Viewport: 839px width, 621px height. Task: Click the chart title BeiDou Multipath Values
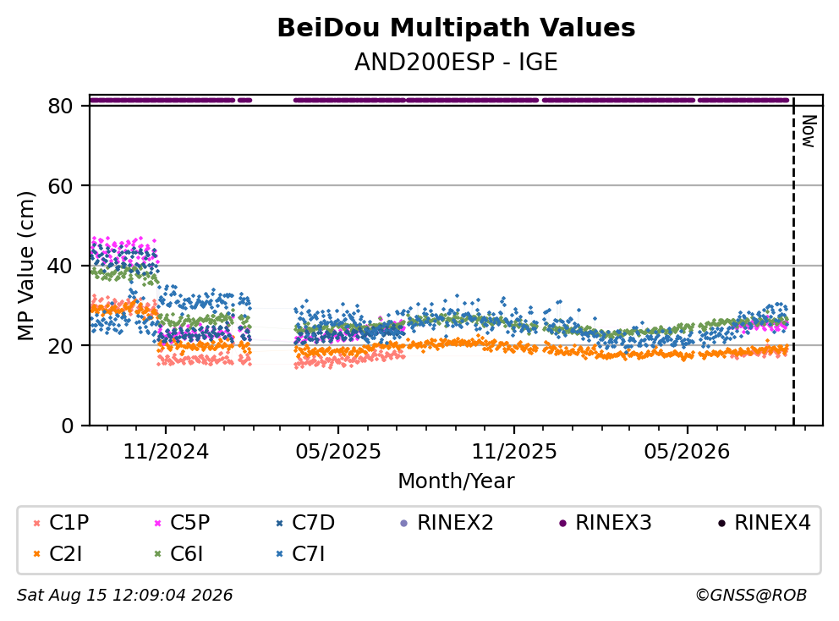[x=456, y=28]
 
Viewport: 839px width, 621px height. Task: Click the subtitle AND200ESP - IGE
[x=456, y=62]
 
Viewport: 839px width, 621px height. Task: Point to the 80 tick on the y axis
[x=60, y=106]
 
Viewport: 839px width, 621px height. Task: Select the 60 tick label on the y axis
[x=60, y=186]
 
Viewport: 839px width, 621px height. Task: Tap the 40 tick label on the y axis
[x=60, y=266]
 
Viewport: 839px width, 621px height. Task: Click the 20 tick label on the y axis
[x=60, y=345]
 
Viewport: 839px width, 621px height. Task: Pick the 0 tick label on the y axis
[x=68, y=426]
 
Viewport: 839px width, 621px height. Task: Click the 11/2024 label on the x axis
[x=166, y=452]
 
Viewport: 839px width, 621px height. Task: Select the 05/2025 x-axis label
[x=338, y=452]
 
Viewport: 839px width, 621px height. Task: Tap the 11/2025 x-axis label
[x=514, y=452]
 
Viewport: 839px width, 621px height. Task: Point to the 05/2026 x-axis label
[x=687, y=452]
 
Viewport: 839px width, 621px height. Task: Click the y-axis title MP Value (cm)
[x=25, y=266]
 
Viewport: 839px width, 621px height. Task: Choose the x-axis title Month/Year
[x=456, y=481]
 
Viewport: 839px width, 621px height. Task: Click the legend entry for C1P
[x=61, y=523]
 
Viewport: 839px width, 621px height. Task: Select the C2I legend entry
[x=58, y=554]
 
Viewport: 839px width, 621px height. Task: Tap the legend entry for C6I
[x=178, y=554]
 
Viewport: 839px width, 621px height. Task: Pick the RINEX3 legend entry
[x=606, y=523]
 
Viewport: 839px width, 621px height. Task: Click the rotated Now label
[x=809, y=132]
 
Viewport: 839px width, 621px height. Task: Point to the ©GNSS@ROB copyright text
[x=751, y=596]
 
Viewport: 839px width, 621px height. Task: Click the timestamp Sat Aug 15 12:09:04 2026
[x=125, y=596]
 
